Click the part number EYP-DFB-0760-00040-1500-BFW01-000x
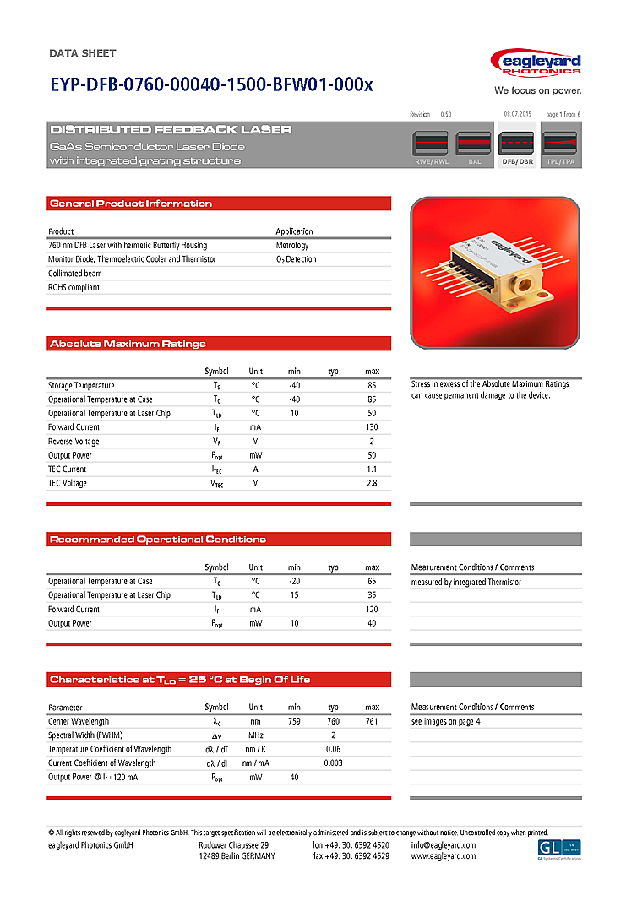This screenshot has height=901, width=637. [x=211, y=85]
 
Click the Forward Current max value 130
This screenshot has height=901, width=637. [x=372, y=427]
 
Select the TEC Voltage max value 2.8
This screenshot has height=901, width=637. [x=372, y=483]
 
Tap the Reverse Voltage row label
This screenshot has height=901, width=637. [x=73, y=442]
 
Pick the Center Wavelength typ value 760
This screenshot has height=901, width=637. [x=333, y=722]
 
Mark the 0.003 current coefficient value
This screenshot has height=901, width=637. [x=333, y=763]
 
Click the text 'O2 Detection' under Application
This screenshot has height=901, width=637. [x=297, y=259]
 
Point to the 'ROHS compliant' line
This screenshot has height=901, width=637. [x=73, y=287]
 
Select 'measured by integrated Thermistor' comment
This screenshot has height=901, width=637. [x=465, y=582]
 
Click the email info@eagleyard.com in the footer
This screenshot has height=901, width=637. [x=444, y=845]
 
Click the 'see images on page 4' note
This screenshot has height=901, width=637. [x=445, y=722]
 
